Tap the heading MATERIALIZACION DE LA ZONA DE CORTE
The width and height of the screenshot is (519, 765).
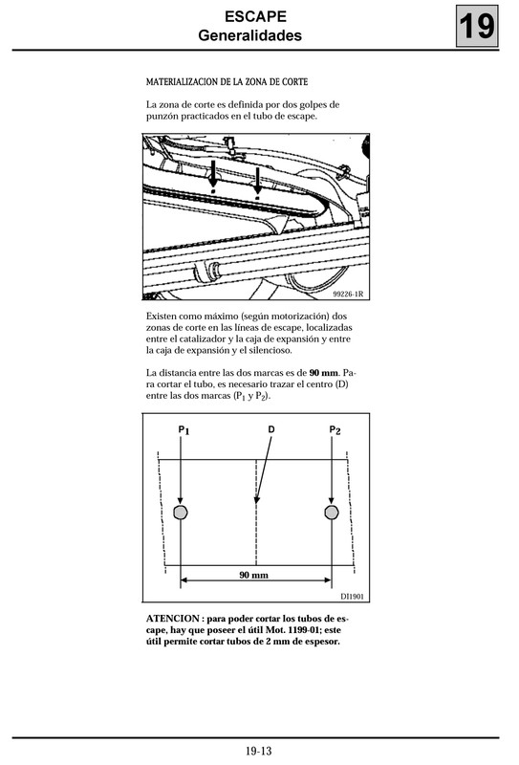coord(232,82)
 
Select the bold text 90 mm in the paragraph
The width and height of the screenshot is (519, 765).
coord(323,371)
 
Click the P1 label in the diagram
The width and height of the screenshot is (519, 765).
coord(184,431)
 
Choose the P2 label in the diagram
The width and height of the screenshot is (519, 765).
coord(335,431)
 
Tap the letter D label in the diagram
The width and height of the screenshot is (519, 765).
coord(271,431)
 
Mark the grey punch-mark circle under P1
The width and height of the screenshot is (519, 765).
coord(181,513)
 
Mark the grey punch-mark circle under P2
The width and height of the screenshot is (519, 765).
coord(332,513)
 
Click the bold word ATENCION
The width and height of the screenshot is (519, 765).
coord(173,618)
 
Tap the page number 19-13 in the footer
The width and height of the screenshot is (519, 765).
coord(259,752)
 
